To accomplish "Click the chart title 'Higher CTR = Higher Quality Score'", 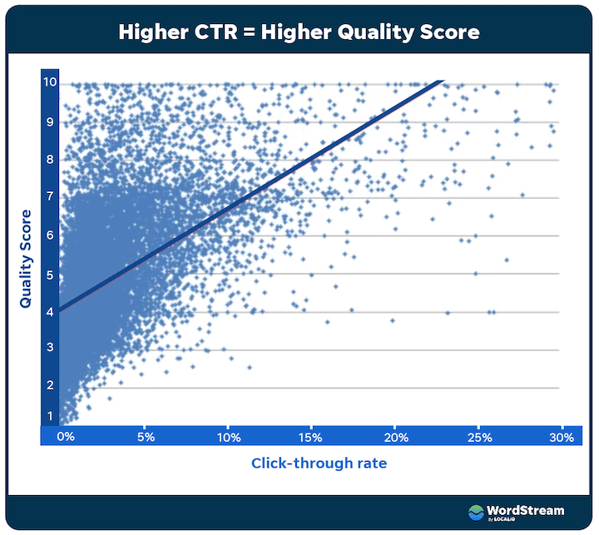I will tap(299, 32).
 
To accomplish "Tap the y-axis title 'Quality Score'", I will tap(25, 259).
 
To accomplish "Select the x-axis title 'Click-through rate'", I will tap(319, 463).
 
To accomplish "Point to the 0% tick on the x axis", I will tap(65, 436).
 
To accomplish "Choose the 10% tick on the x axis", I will tap(229, 436).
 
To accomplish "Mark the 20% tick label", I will tap(396, 436).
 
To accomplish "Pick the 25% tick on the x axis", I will tap(478, 436).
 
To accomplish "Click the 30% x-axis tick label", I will tap(562, 436).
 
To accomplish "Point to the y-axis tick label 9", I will tap(50, 121).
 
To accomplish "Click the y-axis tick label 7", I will tap(50, 197).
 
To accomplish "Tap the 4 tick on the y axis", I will tap(50, 312).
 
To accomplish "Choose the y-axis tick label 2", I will tap(50, 385).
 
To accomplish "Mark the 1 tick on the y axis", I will tap(50, 416).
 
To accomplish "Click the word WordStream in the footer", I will tap(527, 510).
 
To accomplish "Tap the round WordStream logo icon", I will tap(476, 513).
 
